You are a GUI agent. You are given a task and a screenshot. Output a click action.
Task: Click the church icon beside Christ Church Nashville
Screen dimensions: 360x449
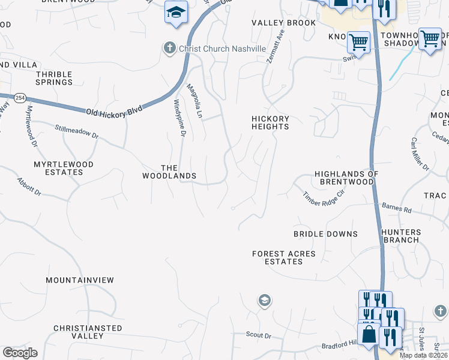170,48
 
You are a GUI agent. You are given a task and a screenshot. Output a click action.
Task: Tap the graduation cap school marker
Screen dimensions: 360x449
176,12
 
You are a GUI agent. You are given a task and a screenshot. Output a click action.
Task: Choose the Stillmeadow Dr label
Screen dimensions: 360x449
76,132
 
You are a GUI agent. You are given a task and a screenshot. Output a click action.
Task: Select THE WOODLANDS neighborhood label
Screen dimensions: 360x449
169,172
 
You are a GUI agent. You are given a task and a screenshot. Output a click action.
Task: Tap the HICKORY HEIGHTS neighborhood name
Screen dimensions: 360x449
270,122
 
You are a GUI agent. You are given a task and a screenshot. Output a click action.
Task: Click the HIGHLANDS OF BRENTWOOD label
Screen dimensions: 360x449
347,178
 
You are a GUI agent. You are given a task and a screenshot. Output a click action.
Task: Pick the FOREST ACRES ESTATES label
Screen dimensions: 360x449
284,258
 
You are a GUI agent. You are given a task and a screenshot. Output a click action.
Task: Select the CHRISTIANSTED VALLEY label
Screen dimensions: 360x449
88,332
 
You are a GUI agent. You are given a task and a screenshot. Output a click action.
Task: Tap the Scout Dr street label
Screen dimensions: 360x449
259,334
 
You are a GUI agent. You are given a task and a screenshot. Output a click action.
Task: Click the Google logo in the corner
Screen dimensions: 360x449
20,353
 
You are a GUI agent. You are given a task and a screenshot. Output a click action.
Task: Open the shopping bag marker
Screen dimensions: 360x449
369,334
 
